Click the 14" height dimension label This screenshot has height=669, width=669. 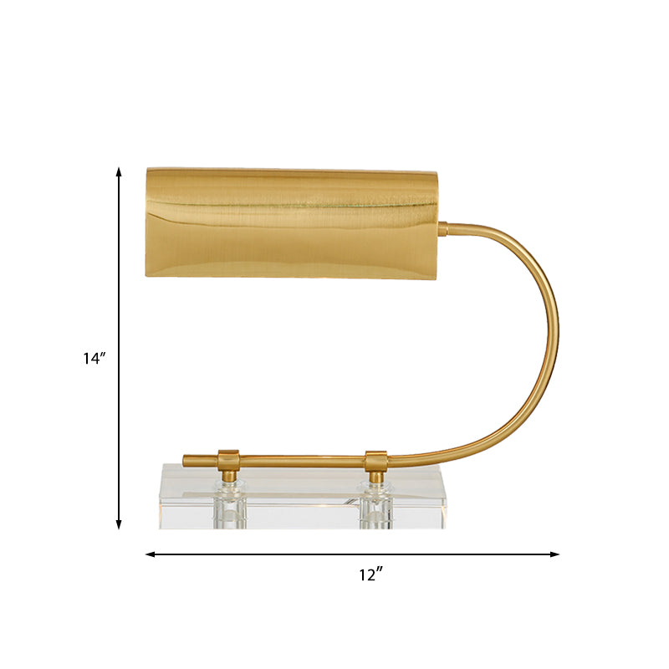[x=94, y=359]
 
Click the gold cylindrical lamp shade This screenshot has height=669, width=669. [x=293, y=222]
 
